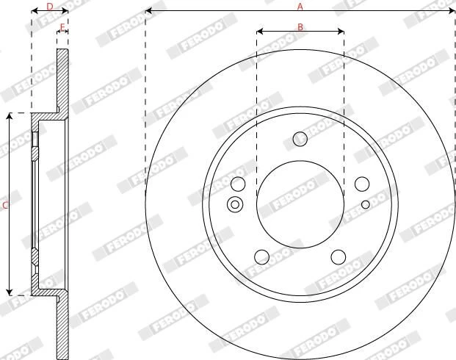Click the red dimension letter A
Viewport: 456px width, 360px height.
(300, 6)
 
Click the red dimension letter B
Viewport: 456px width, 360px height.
(300, 27)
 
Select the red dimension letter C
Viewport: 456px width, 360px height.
(5, 206)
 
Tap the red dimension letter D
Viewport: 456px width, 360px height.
(50, 7)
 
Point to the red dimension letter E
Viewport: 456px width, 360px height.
(62, 28)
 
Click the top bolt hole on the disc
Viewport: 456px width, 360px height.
(300, 139)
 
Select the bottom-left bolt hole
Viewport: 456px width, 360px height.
(261, 256)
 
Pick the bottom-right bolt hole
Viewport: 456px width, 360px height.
(339, 256)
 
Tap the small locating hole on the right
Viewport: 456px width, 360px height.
(366, 204)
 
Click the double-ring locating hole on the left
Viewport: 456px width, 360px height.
(235, 204)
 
